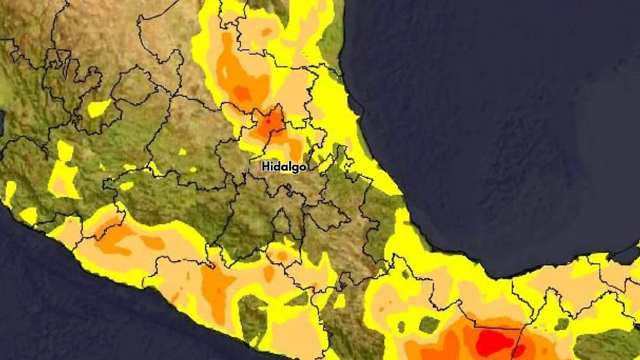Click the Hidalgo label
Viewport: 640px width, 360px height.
[284, 167]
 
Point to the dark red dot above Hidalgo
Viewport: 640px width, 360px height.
[269, 122]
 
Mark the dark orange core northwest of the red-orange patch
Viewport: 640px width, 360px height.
[243, 93]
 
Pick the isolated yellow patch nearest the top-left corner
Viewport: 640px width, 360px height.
[99, 108]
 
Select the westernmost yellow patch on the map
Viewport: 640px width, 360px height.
[10, 192]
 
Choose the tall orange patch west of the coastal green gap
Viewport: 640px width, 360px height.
[215, 291]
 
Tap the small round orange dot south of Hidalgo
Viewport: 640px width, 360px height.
[282, 257]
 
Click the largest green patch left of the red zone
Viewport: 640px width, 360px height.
[429, 324]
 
